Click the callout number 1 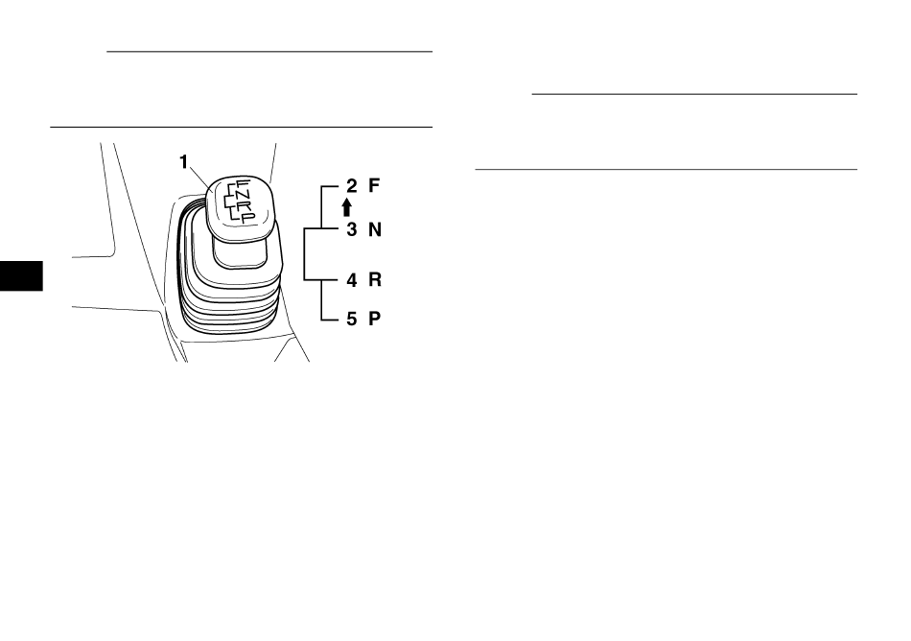184,162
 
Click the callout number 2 352,186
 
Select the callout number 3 352,229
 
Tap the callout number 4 352,280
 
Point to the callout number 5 352,319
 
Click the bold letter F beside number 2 374,185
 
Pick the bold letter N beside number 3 375,229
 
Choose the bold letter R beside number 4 375,279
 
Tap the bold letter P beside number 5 375,319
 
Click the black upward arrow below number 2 347,207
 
